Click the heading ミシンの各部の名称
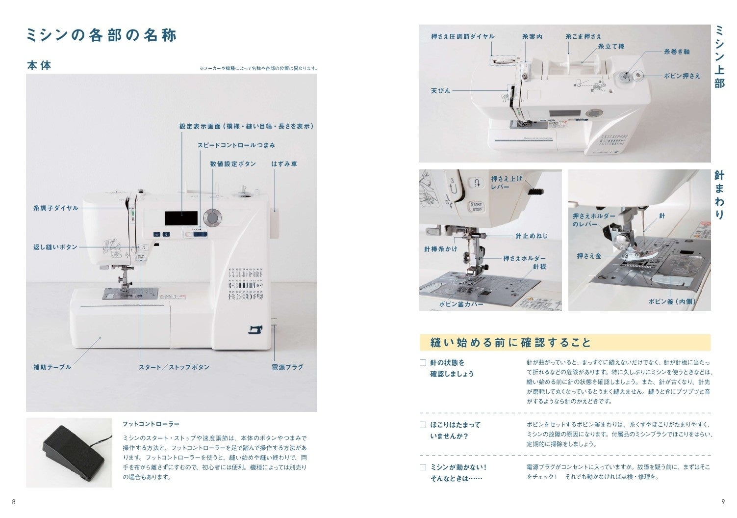point(102,35)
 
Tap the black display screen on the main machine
point(181,218)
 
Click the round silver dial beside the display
point(212,218)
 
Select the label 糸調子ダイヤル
point(56,208)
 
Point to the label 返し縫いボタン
point(55,247)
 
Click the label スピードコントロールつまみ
point(236,145)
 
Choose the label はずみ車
point(284,164)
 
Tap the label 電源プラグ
point(287,367)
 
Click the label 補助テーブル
point(52,367)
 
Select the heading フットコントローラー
point(151,424)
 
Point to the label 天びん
point(440,91)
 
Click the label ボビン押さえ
point(682,76)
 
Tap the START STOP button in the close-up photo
point(477,207)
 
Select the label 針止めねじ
point(532,236)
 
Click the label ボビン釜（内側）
point(672,301)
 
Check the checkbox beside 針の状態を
point(423,363)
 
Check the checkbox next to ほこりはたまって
point(423,425)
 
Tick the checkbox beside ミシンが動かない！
point(423,467)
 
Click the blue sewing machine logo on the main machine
point(255,329)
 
